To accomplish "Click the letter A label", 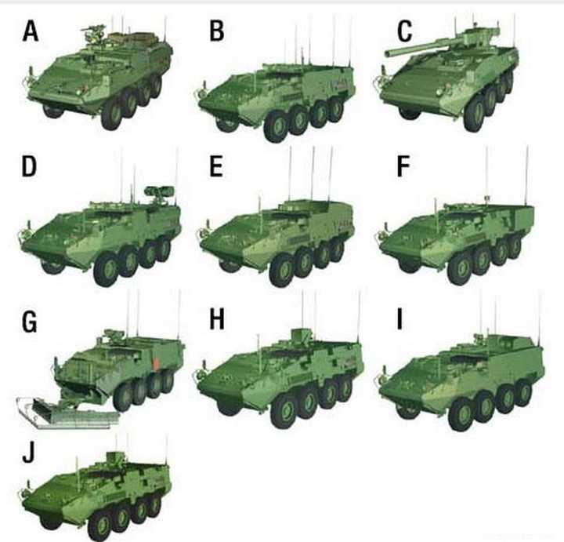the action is tap(31, 31).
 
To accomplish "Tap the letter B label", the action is tap(216, 31).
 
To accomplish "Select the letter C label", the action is tap(405, 31).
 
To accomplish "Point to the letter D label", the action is tap(29, 166).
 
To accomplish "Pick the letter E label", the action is tap(216, 166).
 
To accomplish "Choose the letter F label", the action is tap(403, 166).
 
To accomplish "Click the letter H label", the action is tap(217, 319).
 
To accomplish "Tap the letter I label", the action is tap(399, 319).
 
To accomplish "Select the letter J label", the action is tap(28, 453).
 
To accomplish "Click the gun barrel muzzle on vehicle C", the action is tap(388, 54).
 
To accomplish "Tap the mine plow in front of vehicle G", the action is tap(68, 413).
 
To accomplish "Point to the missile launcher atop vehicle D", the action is tap(159, 191).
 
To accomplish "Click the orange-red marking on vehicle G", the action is tap(157, 364).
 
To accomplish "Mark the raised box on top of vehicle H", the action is tap(301, 336).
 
